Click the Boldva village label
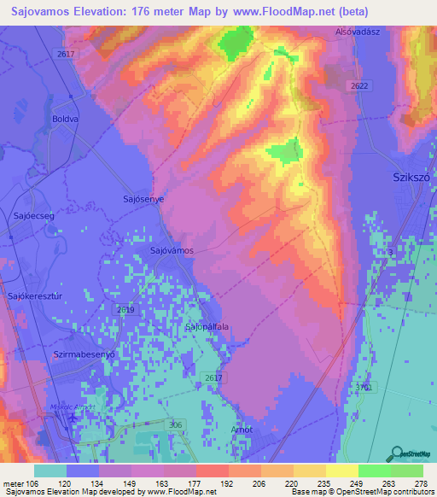65,119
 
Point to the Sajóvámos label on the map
172,251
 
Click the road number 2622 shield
358,86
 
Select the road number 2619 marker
126,310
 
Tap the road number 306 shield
175,424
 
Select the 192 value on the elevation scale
227,483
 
